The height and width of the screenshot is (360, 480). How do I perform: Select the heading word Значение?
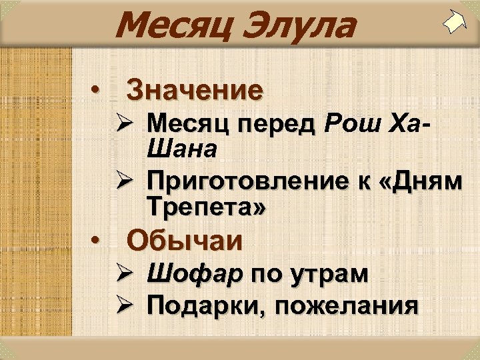tap(195, 89)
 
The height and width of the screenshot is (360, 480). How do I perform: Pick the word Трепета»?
tap(207, 207)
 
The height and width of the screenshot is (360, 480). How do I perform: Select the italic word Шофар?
tap(195, 274)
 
